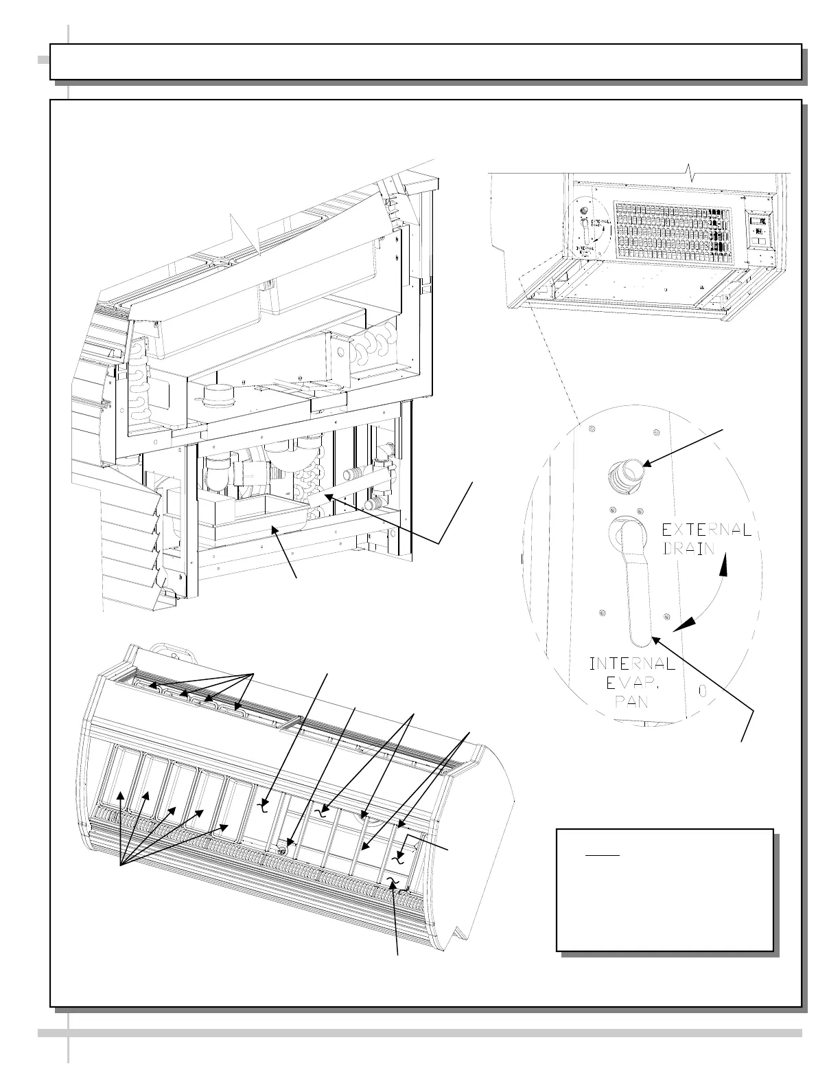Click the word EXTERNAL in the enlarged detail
coord(705,530)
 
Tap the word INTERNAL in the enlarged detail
coord(632,664)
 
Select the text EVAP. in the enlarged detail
coord(633,683)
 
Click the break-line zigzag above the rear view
coord(692,174)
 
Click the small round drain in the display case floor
coord(283,850)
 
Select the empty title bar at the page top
coord(425,62)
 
